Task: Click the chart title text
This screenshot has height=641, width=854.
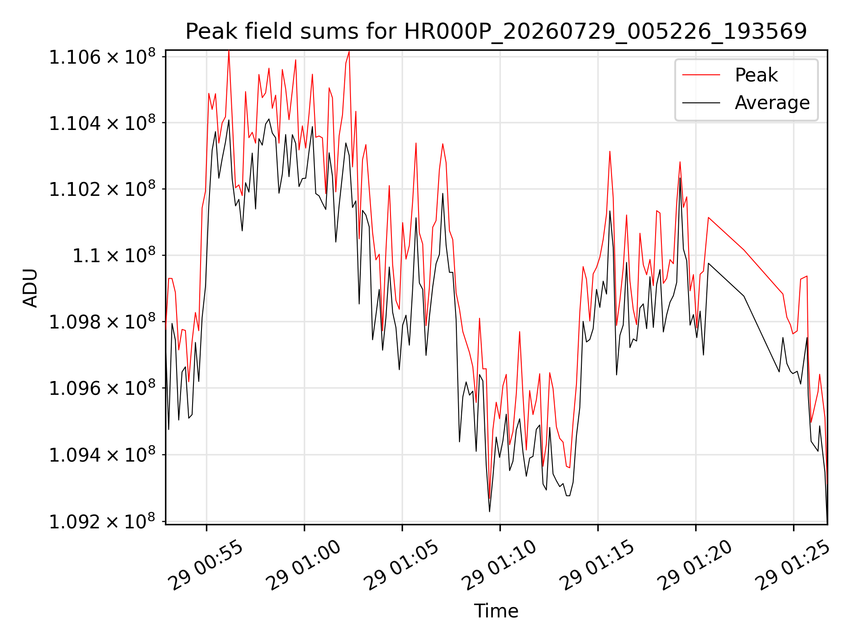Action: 496,32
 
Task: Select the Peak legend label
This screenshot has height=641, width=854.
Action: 756,75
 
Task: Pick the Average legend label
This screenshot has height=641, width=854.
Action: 772,103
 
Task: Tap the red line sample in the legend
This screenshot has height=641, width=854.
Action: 701,75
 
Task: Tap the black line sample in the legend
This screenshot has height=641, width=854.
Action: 701,103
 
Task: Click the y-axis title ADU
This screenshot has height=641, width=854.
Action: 30,288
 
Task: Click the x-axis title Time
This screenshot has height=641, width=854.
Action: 496,611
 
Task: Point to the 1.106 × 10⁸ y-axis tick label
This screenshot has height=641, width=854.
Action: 102,57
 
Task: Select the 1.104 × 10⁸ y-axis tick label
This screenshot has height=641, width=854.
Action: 102,123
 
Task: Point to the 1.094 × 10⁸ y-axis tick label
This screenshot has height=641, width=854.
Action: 102,454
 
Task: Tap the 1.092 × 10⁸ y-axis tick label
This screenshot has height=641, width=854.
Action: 102,521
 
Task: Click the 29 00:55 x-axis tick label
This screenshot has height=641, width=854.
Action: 205,565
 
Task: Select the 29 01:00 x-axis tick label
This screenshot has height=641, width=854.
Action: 303,565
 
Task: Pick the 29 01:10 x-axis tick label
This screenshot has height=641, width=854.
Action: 499,565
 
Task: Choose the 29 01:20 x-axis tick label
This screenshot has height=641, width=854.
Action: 695,565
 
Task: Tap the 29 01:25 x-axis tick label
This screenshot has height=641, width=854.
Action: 793,565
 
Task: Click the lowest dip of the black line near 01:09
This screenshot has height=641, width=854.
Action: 489,511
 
